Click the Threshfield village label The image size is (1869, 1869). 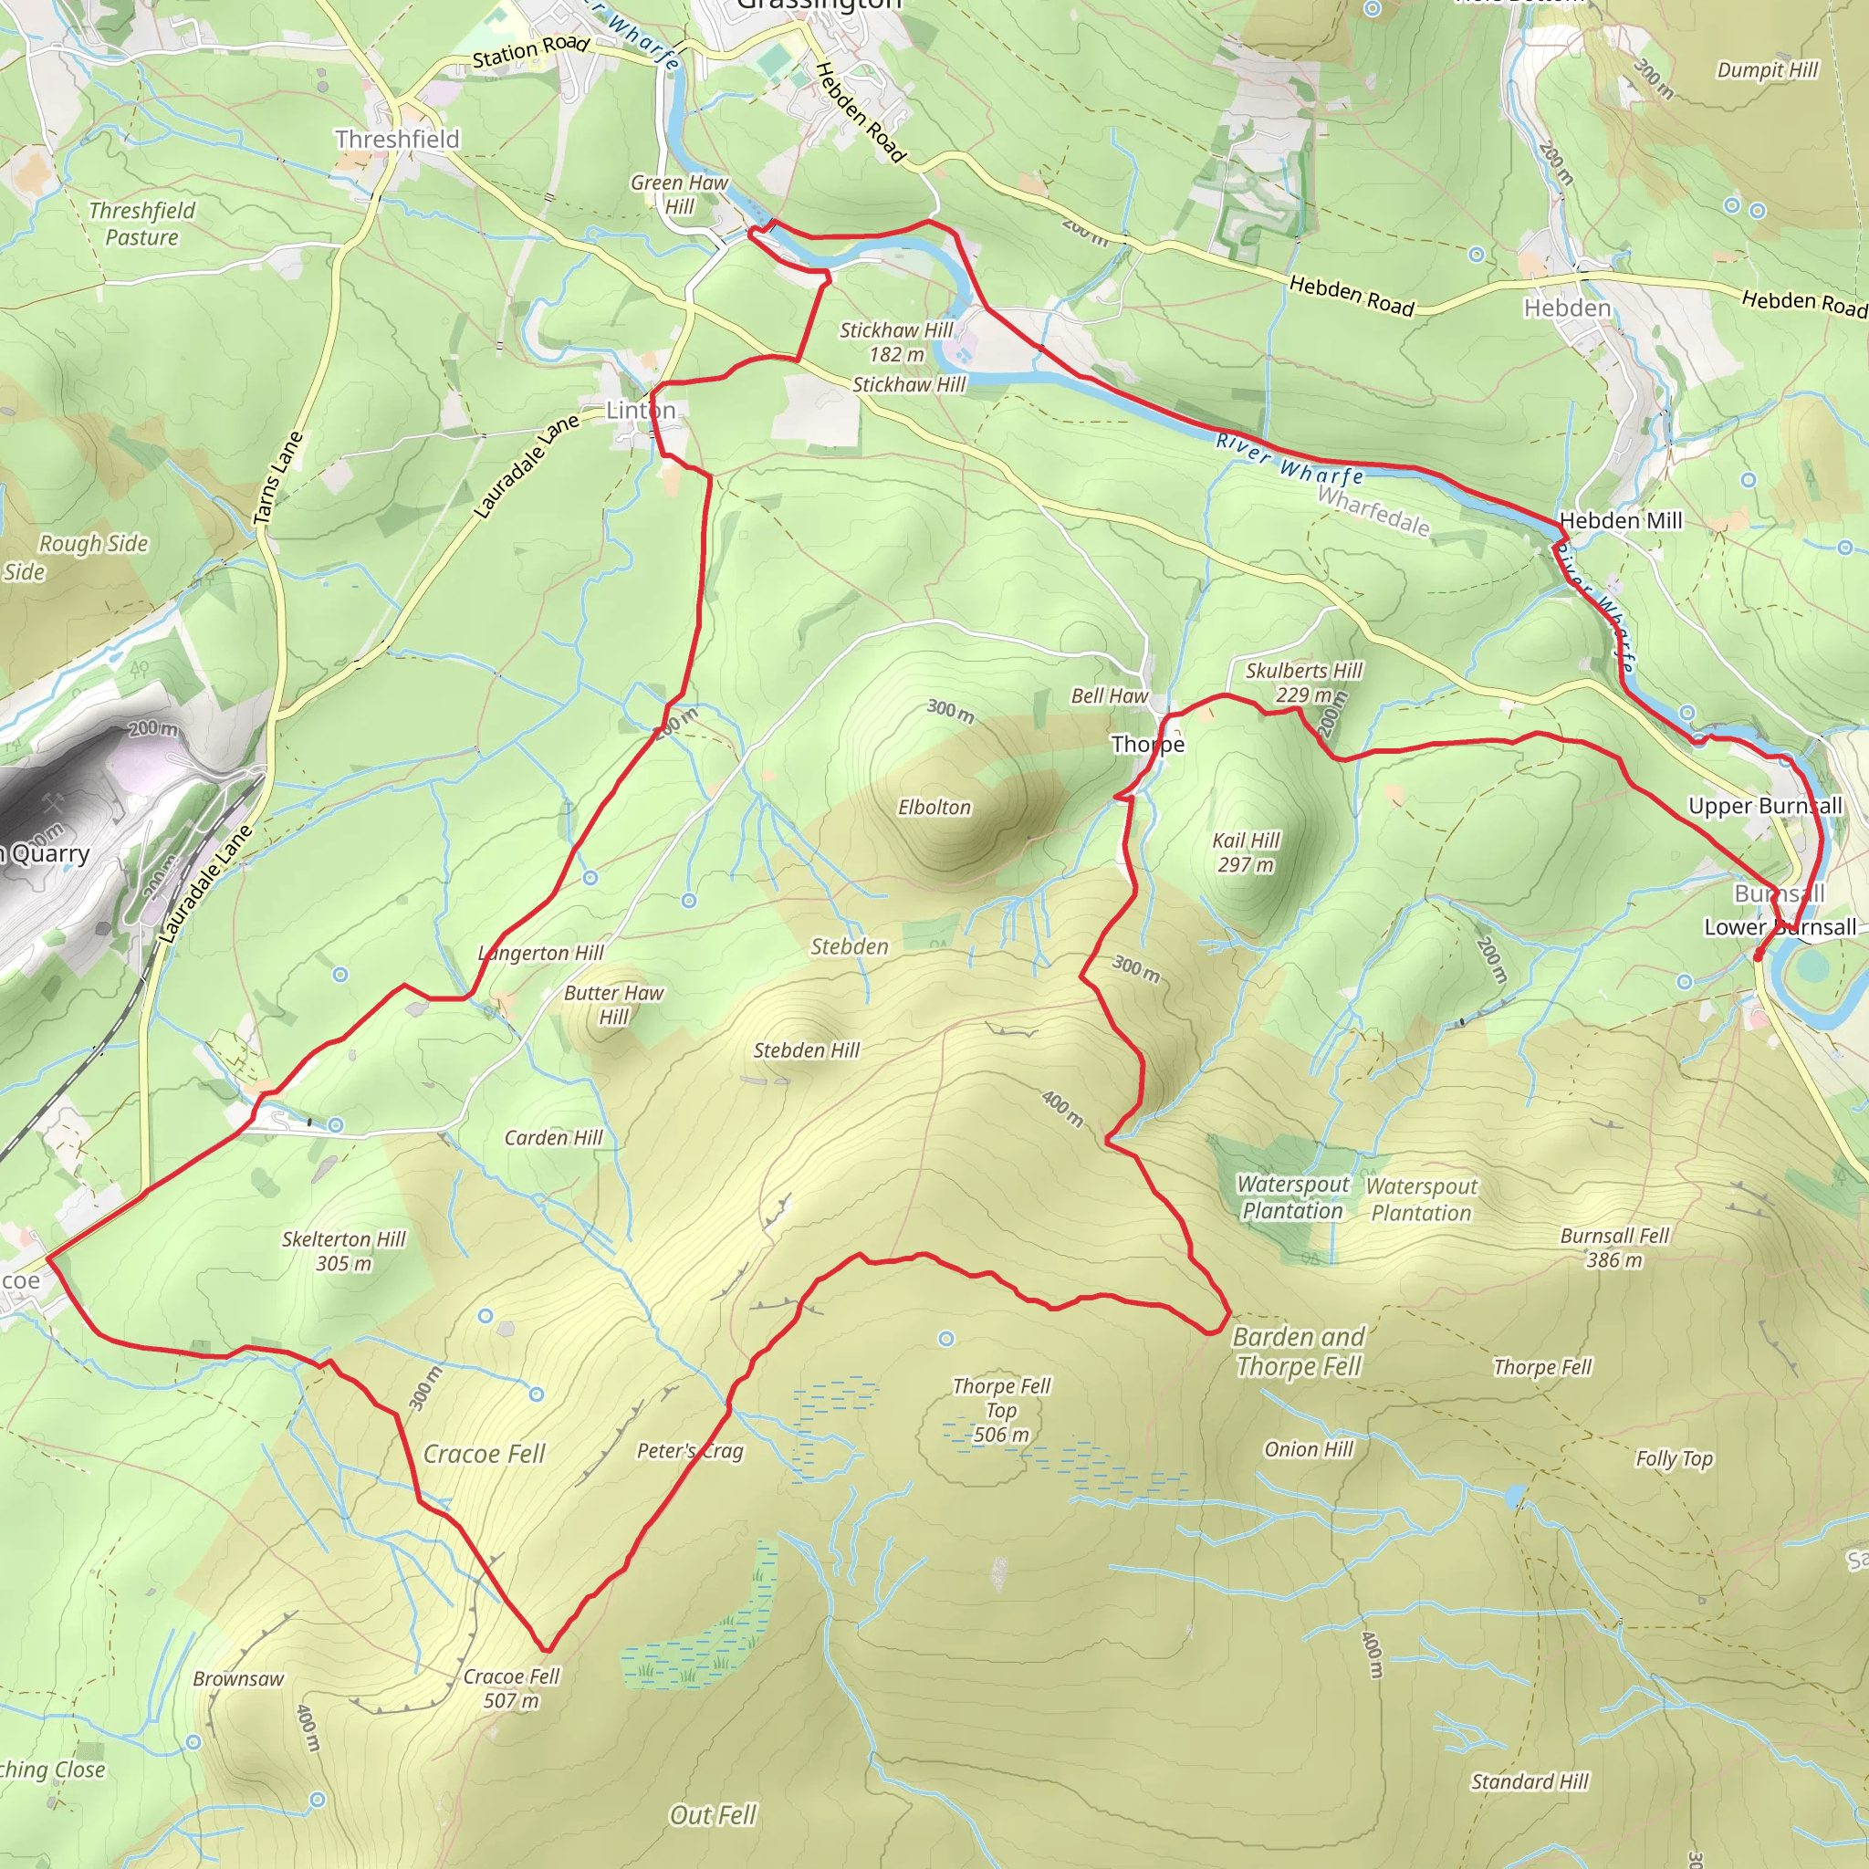(397, 140)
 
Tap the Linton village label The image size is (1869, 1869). (641, 410)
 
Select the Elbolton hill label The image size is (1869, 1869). (934, 807)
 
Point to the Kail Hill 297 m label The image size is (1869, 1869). (1246, 852)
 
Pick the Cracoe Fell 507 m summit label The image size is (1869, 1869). (511, 1688)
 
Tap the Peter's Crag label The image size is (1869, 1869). (690, 1450)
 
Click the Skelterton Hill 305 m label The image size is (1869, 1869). (343, 1251)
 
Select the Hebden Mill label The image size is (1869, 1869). (1622, 520)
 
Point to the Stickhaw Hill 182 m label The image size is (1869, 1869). (896, 342)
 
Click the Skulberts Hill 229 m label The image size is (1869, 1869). (1303, 682)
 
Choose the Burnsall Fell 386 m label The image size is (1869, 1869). (1614, 1247)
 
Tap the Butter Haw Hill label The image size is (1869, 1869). (613, 1004)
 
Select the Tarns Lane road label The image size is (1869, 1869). (277, 478)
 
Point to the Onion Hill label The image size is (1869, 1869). (1308, 1448)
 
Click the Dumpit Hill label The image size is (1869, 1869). (1768, 69)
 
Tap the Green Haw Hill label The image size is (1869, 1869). (679, 193)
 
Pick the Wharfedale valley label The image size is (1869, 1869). (1373, 511)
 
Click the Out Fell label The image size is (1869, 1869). (712, 1815)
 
